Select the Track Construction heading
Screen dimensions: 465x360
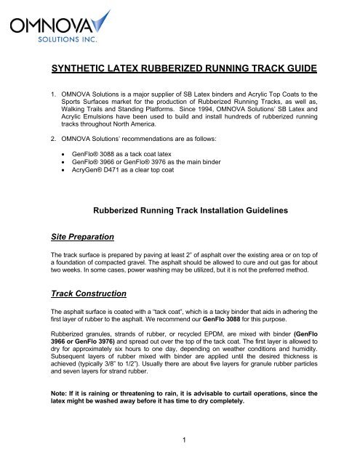click(x=71, y=314)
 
